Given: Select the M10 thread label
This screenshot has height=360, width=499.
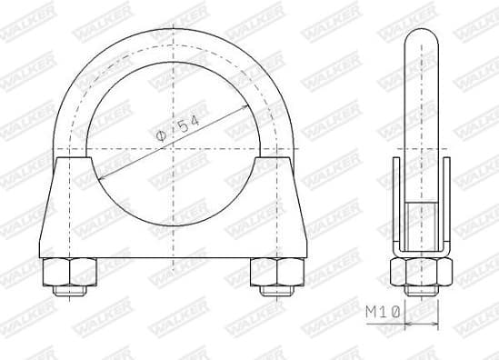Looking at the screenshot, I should pyautogui.click(x=384, y=312).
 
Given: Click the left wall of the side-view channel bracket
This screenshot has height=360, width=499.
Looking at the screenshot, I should pyautogui.click(x=395, y=205).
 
